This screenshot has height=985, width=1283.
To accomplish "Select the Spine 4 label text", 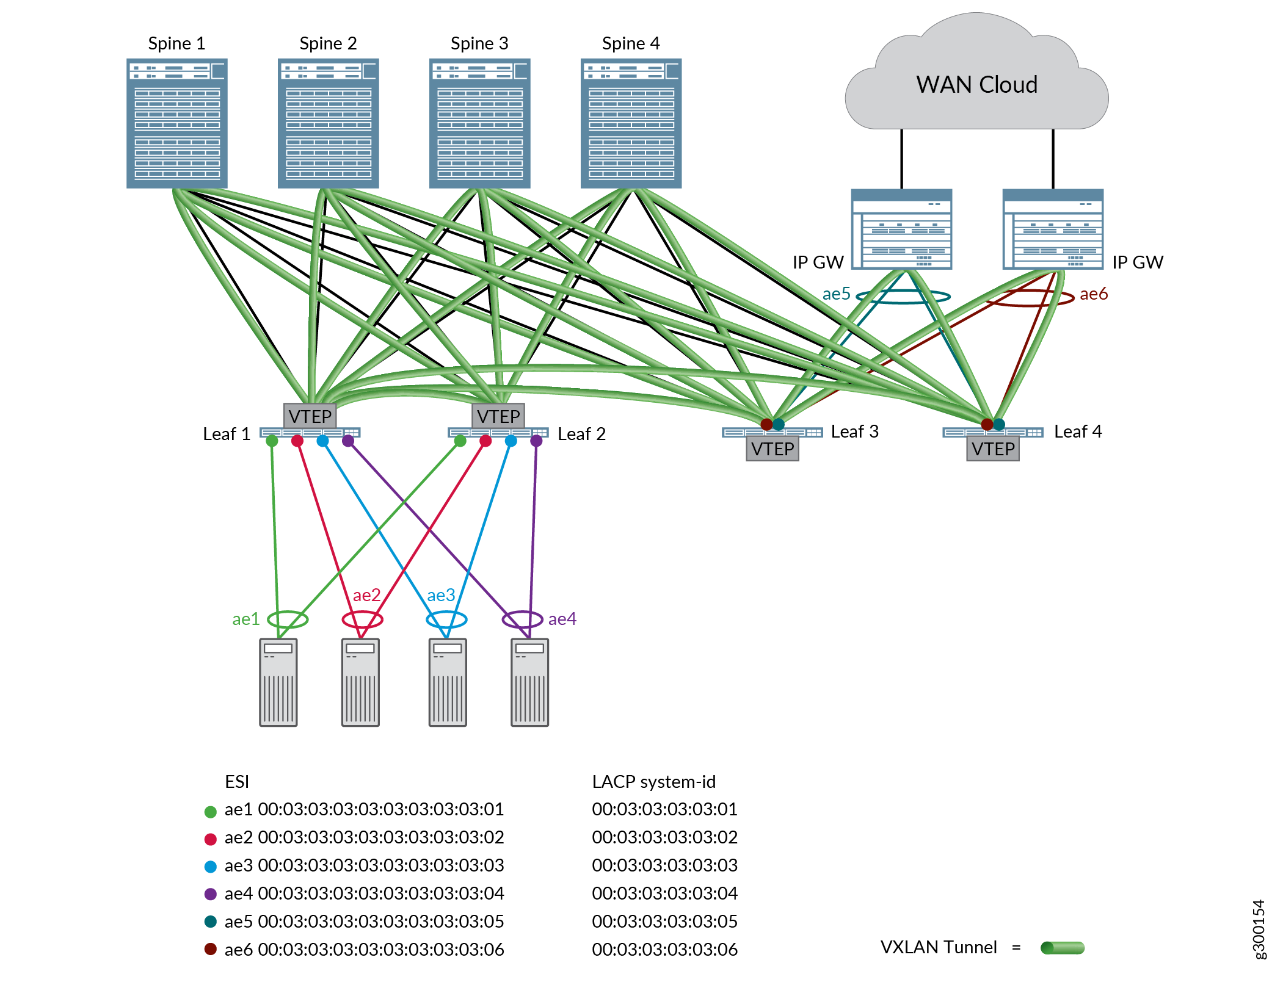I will [630, 43].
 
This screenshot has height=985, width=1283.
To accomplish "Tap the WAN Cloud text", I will [976, 85].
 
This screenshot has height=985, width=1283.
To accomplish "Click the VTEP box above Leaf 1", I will [310, 416].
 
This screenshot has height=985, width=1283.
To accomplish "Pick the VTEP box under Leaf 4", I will [992, 449].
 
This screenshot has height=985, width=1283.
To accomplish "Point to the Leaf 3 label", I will [854, 431].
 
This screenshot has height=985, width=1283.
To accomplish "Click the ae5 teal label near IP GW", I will [836, 294].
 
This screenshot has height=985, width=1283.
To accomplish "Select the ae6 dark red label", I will [1093, 294].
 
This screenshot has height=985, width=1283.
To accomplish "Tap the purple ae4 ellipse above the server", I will [522, 619].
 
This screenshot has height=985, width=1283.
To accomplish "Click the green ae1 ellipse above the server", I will [288, 619].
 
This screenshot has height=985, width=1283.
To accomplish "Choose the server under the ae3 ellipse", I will [448, 682].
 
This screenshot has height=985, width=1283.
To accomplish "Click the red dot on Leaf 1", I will [297, 441].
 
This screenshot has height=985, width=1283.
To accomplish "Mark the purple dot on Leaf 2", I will [536, 441].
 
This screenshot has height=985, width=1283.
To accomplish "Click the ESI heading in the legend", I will [237, 782].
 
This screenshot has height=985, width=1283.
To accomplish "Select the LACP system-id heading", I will [653, 782].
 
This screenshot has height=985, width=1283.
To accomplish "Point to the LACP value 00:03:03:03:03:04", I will [664, 893].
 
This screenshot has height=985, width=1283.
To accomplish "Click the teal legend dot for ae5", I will [211, 922].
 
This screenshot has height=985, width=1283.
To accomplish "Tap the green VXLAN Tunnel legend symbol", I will [1062, 948].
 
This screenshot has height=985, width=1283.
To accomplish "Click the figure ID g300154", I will [1259, 929].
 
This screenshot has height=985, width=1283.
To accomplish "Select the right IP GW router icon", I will [1053, 229].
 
